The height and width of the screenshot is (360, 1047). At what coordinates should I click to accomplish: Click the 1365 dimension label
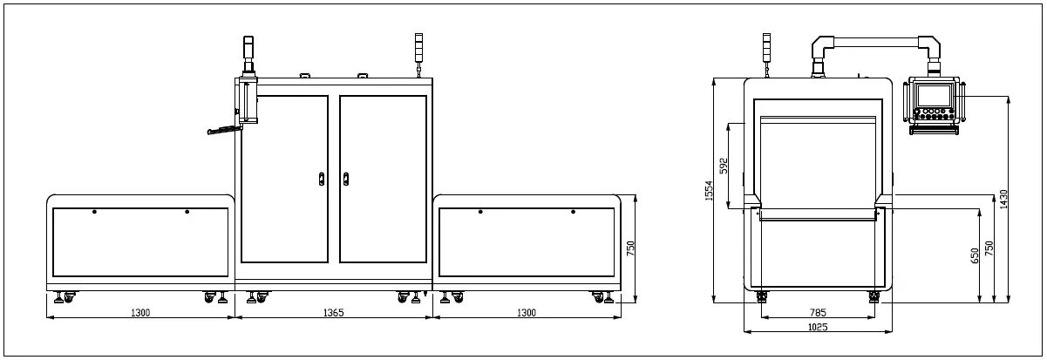tap(334, 312)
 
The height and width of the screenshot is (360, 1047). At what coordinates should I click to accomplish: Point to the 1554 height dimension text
tap(710, 191)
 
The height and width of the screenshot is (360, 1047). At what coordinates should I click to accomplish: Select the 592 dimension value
tap(724, 166)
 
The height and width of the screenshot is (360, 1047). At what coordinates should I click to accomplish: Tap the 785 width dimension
tap(818, 312)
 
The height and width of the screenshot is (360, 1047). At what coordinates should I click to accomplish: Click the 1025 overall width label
tap(818, 327)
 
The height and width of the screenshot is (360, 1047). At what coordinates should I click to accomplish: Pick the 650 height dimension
tap(975, 255)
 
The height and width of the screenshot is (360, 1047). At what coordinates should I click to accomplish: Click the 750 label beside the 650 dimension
tap(989, 248)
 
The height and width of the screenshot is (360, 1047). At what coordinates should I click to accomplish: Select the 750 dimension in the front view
tap(630, 248)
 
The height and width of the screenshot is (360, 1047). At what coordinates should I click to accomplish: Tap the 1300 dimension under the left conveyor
tap(140, 312)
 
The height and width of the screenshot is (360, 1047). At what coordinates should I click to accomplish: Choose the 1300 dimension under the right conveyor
tap(527, 312)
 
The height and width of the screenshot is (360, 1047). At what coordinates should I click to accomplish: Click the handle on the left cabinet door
tap(322, 180)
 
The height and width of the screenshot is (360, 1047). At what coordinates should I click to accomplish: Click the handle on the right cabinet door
tap(346, 180)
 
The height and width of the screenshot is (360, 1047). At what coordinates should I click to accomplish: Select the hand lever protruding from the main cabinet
tap(223, 131)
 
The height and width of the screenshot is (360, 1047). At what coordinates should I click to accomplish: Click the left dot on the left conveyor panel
tap(94, 212)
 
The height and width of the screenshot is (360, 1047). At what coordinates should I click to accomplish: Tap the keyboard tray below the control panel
tap(934, 128)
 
